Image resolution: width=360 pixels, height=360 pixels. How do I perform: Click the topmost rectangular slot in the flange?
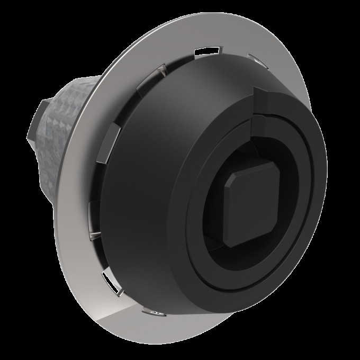206,51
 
